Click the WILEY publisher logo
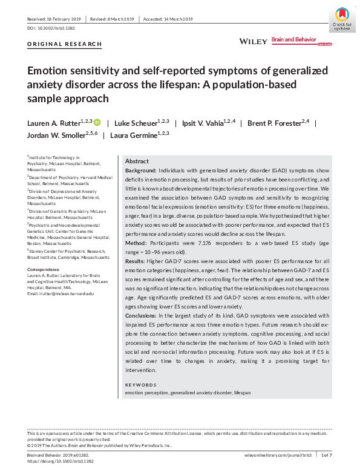click(253, 41)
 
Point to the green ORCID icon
click(97, 123)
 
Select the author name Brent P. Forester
click(273, 123)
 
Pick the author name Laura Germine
click(134, 135)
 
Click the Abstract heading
click(137, 161)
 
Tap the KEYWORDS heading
click(140, 385)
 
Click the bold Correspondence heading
click(43, 269)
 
